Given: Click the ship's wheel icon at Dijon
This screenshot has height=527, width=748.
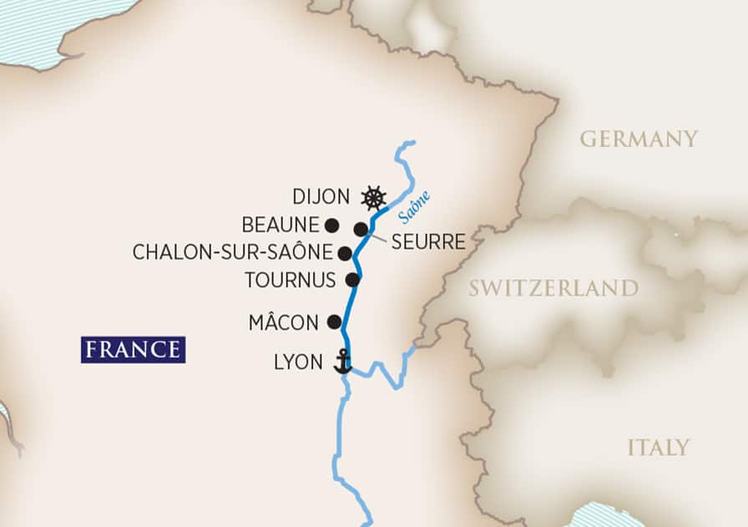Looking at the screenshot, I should pyautogui.click(x=374, y=198).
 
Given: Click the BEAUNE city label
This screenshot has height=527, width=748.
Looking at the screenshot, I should pyautogui.click(x=280, y=225).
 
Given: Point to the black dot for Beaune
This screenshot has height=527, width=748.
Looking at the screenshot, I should pyautogui.click(x=331, y=225).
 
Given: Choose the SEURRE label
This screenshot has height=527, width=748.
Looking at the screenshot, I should pyautogui.click(x=427, y=243).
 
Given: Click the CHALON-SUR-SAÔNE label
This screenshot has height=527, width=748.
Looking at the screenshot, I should pyautogui.click(x=233, y=252).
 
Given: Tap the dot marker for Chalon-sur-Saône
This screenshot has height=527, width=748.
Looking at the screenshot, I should pyautogui.click(x=345, y=252).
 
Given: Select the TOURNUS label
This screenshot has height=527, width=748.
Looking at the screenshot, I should pyautogui.click(x=290, y=280).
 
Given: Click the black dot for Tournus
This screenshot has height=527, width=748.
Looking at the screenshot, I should pyautogui.click(x=353, y=280).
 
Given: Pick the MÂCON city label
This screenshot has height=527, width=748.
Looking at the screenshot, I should pyautogui.click(x=283, y=322).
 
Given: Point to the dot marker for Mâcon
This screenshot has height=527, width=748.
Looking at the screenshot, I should pyautogui.click(x=334, y=322).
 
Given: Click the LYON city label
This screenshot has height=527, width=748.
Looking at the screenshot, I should pyautogui.click(x=297, y=363).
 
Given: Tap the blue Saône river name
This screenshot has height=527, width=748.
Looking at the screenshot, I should pyautogui.click(x=414, y=207).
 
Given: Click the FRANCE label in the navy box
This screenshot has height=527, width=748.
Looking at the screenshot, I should pyautogui.click(x=133, y=350).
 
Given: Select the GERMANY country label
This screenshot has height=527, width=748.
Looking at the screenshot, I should pyautogui.click(x=639, y=139).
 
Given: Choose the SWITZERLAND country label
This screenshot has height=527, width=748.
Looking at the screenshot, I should pyautogui.click(x=553, y=289).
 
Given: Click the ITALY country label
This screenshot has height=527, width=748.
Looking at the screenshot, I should pyautogui.click(x=659, y=448).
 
